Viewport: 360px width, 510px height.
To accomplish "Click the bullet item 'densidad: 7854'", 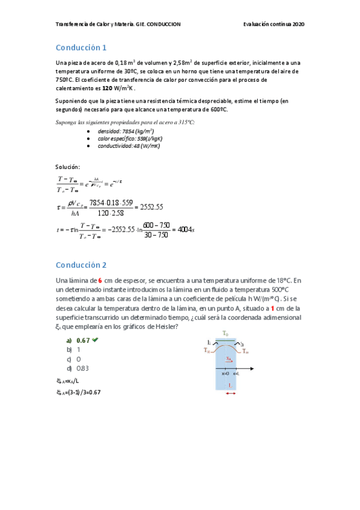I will point(126,131).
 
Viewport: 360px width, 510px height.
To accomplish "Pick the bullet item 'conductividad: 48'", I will point(129,146).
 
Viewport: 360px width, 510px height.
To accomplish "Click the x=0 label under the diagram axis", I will point(225,373).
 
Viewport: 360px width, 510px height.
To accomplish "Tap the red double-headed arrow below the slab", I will point(231,393).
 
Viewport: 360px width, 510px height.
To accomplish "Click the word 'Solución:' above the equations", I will point(67,167).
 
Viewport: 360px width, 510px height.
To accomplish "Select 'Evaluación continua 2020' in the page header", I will point(274,24).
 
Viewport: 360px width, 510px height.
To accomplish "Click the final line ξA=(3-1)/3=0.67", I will point(78,392).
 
